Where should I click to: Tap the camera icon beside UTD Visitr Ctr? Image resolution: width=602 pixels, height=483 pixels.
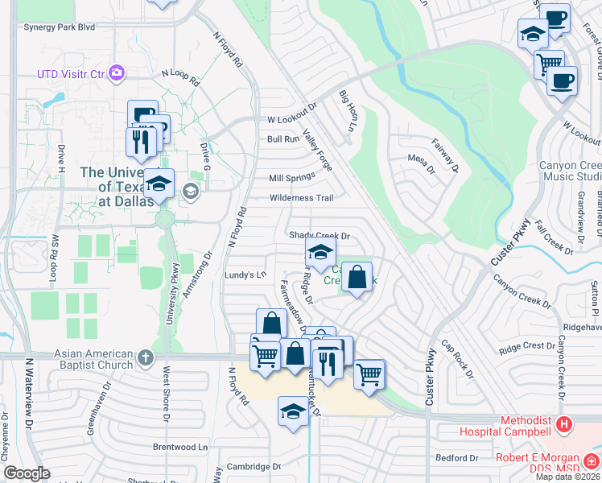[118, 73]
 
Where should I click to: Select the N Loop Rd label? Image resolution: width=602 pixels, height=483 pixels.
[179, 77]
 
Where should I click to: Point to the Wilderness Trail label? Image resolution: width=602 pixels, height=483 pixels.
[301, 198]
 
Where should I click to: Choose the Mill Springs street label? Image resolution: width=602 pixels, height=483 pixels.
[292, 178]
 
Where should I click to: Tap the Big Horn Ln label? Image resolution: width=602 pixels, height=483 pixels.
[346, 112]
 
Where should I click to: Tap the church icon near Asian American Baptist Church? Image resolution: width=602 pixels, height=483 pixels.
[145, 356]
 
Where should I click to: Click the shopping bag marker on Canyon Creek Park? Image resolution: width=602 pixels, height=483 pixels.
[357, 277]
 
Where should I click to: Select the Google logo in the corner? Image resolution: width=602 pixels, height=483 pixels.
[27, 473]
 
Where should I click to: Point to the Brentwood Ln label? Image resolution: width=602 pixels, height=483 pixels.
[180, 446]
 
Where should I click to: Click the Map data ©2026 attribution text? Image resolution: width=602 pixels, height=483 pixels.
[567, 477]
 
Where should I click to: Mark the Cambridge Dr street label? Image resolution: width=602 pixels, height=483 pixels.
[254, 466]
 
